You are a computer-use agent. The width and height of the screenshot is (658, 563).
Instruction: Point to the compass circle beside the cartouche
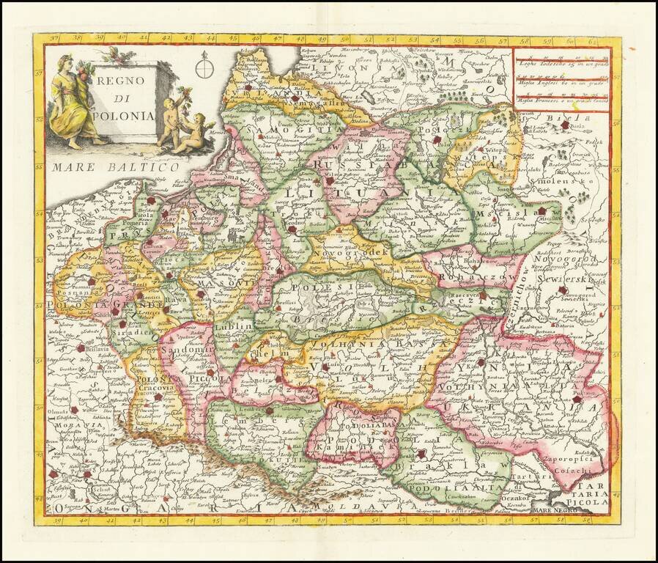[x=204, y=70]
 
